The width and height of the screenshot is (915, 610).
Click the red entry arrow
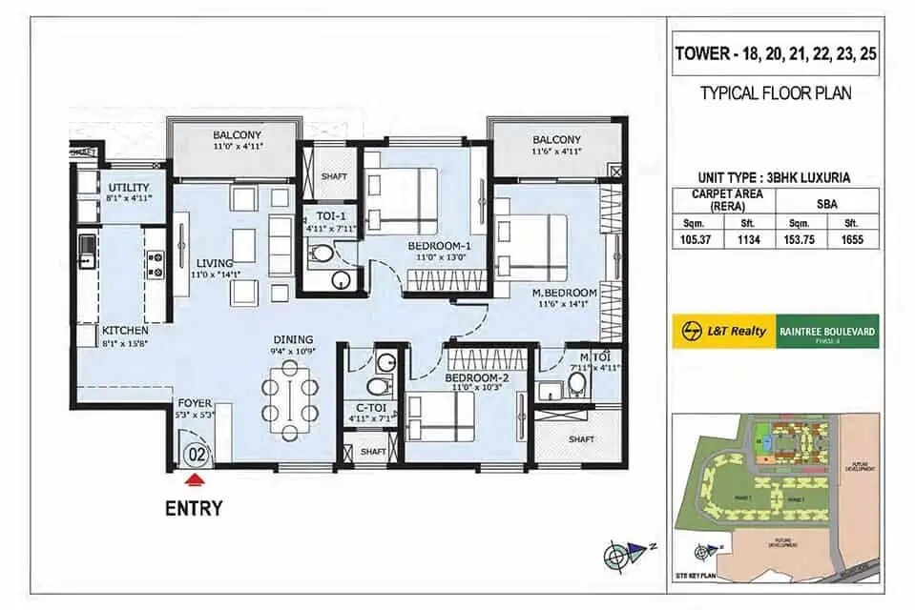[x=195, y=480]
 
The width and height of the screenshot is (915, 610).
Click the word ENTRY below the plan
[x=194, y=508]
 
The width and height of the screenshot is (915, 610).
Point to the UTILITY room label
[x=129, y=187]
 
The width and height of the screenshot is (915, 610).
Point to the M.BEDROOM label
[x=565, y=292]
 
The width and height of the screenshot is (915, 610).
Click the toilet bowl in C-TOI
[x=378, y=386]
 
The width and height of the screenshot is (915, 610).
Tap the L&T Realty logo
[x=723, y=332]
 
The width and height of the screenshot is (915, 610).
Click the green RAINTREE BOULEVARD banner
[x=826, y=332]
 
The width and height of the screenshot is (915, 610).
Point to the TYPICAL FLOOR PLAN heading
[x=775, y=93]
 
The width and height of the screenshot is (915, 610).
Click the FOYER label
[x=195, y=403]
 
